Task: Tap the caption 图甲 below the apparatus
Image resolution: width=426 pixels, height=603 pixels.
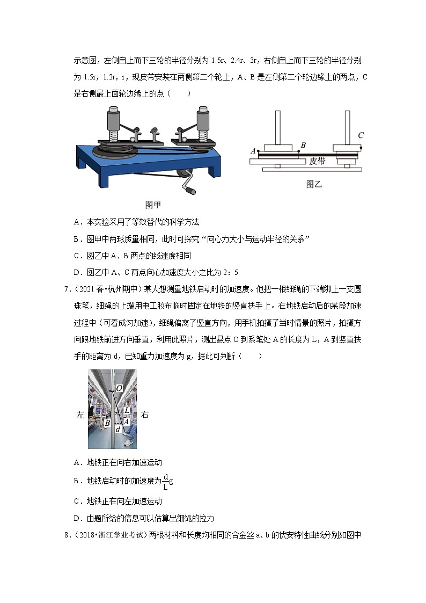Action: [x=153, y=205]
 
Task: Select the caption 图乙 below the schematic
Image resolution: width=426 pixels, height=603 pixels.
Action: [x=313, y=184]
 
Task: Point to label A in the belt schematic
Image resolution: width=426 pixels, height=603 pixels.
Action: [x=253, y=151]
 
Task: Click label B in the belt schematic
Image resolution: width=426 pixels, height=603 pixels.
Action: [x=303, y=144]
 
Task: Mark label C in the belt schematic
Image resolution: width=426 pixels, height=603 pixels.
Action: [x=361, y=135]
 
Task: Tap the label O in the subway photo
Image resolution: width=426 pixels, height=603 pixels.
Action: [x=119, y=388]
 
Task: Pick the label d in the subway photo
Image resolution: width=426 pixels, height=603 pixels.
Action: [x=118, y=429]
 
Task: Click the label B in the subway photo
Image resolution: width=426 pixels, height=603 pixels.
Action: [x=107, y=423]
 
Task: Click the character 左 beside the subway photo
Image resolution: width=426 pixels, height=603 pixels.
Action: [x=80, y=415]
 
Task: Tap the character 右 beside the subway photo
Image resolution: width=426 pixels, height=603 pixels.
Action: [x=144, y=415]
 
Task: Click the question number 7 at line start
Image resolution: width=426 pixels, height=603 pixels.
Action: [x=67, y=290]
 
